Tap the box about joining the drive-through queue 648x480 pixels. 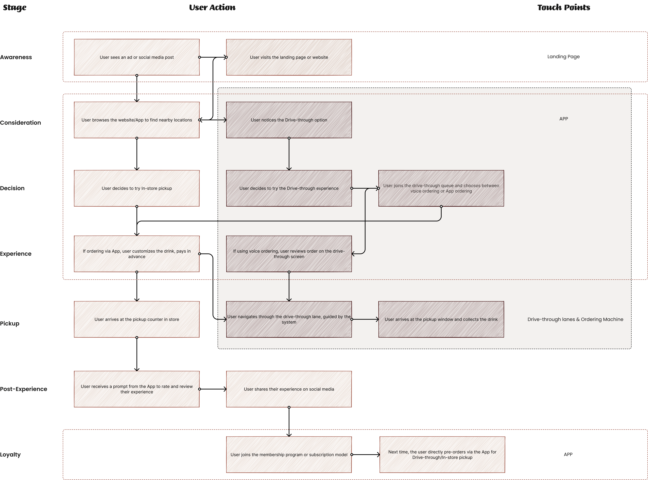(x=441, y=188)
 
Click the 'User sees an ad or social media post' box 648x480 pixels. (x=137, y=57)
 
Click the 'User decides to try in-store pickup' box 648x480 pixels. (x=137, y=188)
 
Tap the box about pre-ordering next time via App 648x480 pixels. (x=442, y=454)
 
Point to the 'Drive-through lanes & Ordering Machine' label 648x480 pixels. (x=575, y=319)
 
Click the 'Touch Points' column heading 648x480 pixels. (x=563, y=8)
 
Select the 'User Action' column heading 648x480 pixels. (x=212, y=8)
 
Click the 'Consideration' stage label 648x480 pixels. (x=20, y=123)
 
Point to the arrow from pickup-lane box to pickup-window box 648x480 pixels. (x=365, y=319)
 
